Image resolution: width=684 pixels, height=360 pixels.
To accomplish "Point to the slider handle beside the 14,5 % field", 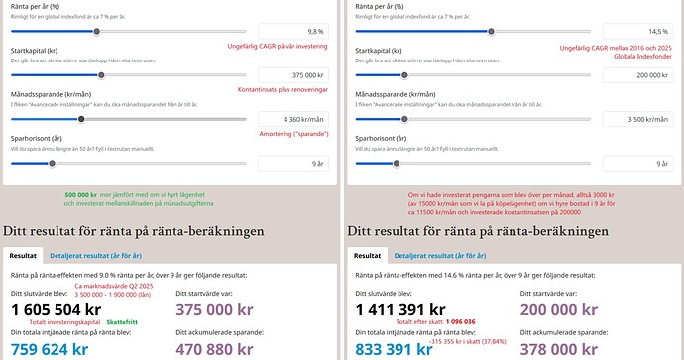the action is point(492,32).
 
